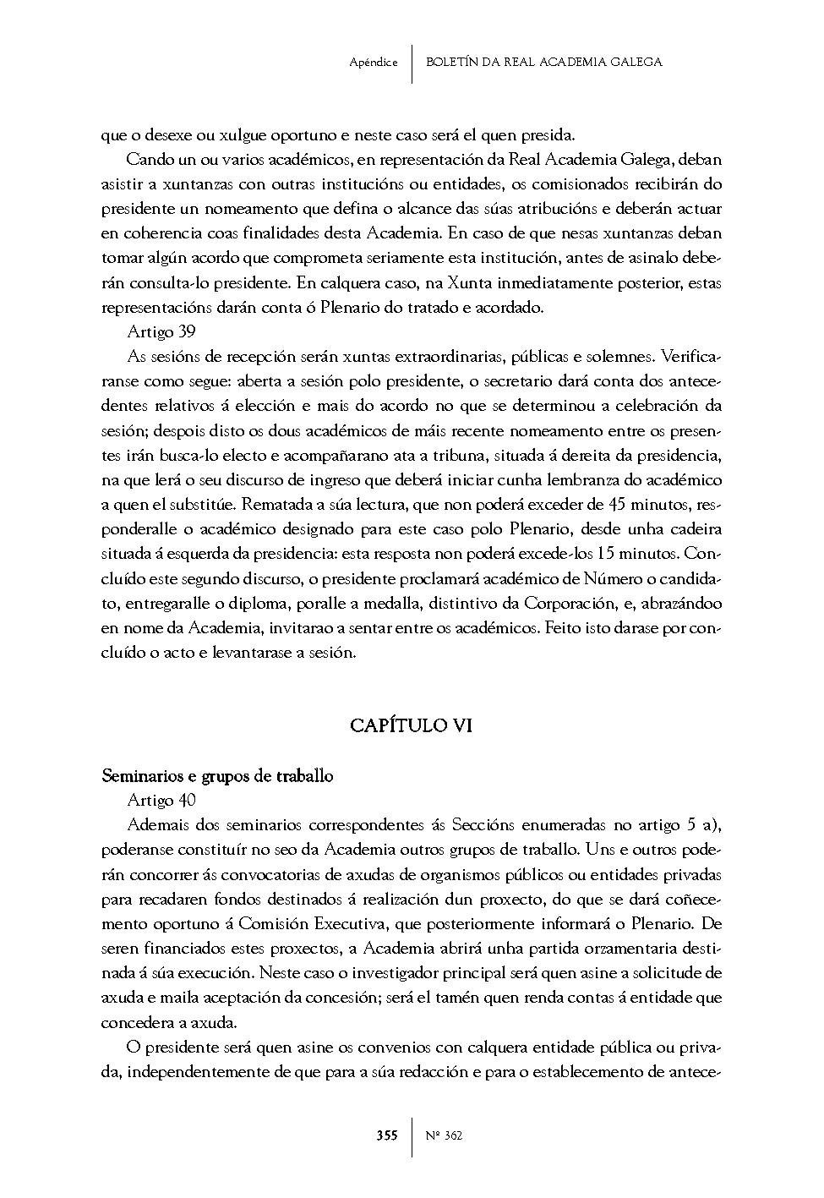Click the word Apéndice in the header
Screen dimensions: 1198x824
pyautogui.click(x=373, y=63)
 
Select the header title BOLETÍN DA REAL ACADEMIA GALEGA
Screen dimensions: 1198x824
pyautogui.click(x=543, y=63)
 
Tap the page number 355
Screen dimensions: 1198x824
pyautogui.click(x=387, y=1135)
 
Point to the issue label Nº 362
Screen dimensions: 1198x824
pyautogui.click(x=444, y=1135)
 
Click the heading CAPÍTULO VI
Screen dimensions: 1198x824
pyautogui.click(x=412, y=725)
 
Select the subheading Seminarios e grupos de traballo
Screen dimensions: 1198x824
pyautogui.click(x=217, y=775)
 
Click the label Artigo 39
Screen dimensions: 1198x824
pyautogui.click(x=161, y=331)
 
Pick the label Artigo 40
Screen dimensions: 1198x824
pyautogui.click(x=161, y=800)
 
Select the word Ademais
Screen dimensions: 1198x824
pyautogui.click(x=157, y=824)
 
